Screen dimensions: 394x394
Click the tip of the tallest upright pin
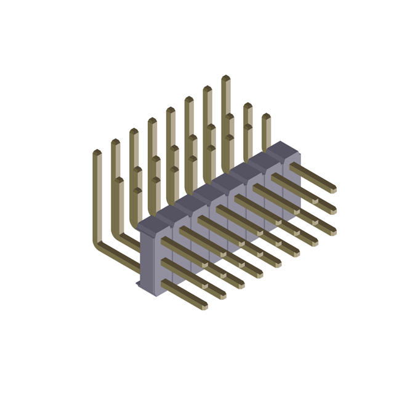coord(225,78)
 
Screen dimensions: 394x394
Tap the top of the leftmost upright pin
coord(97,152)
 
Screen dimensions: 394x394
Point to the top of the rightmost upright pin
coord(266,116)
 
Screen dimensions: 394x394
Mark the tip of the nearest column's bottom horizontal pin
coord(204,305)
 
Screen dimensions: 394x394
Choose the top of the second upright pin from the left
coord(115,142)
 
